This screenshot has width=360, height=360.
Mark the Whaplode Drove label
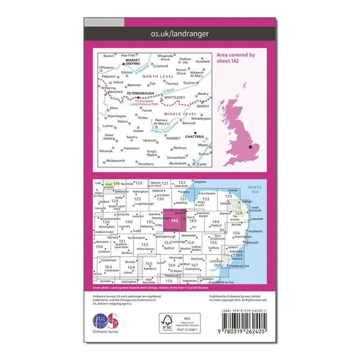(166, 58)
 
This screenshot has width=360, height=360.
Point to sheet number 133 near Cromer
(228, 196)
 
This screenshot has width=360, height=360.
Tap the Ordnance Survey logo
(107, 325)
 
